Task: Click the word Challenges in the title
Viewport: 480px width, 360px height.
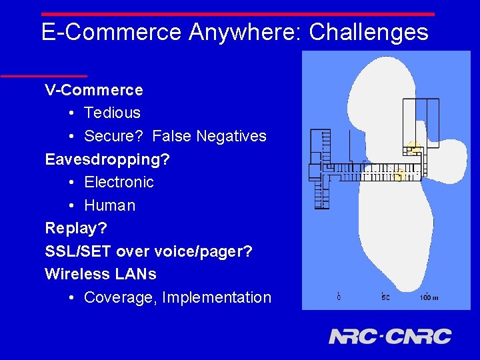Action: coord(369,32)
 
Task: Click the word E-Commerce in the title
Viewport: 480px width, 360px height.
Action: coord(111,32)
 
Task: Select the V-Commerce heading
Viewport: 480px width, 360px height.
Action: coord(94,90)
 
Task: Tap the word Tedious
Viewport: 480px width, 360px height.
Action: coord(112,113)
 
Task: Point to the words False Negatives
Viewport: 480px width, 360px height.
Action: coord(209,136)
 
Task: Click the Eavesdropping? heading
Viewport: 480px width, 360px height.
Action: coord(107,159)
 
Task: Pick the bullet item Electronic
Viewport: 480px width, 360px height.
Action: coord(119,182)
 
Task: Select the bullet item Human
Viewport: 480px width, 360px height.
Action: coord(109,205)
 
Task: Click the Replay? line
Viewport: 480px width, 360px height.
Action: coord(76,228)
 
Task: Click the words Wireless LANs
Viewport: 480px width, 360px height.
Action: coord(101,274)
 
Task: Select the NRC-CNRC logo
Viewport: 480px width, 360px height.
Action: coord(390,336)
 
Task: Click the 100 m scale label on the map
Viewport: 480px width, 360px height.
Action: coord(428,297)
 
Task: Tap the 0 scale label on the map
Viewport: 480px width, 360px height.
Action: coord(339,297)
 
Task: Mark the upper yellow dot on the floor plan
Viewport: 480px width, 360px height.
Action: coord(413,148)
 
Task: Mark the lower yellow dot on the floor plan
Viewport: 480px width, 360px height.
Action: coord(399,175)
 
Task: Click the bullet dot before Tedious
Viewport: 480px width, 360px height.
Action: coord(71,113)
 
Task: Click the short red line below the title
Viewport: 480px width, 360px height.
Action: coord(44,76)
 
